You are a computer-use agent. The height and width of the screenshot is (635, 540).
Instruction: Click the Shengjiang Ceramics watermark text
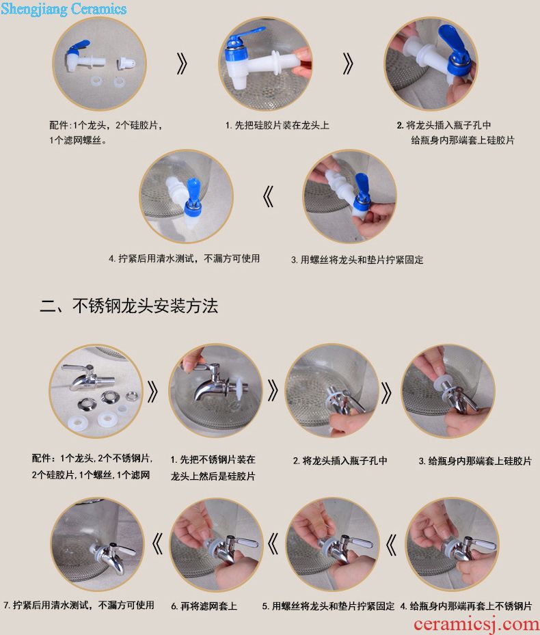[x=64, y=8]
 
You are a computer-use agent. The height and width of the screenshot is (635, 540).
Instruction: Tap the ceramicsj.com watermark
[x=476, y=625]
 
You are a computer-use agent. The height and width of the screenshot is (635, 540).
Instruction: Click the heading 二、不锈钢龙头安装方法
[x=129, y=306]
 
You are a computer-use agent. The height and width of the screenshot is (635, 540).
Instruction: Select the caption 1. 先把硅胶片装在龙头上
[x=277, y=125]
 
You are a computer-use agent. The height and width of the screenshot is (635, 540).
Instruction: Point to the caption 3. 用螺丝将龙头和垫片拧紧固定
[x=357, y=260]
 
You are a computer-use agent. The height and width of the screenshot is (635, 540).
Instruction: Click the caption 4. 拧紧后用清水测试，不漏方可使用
[x=185, y=258]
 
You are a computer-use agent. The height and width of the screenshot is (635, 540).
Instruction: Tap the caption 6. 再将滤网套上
[x=204, y=606]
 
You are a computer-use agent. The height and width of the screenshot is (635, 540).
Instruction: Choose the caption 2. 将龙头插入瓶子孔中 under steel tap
[x=340, y=461]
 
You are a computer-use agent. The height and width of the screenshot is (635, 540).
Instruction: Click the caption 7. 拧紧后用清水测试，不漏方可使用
[x=79, y=605]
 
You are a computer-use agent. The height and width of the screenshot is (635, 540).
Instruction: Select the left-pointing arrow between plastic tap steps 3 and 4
[x=268, y=196]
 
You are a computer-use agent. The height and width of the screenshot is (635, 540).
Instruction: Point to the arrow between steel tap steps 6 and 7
[x=158, y=543]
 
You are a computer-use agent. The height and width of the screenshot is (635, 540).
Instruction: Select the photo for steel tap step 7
[x=97, y=543]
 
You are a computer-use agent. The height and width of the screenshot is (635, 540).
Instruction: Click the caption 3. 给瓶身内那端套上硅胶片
[x=475, y=461]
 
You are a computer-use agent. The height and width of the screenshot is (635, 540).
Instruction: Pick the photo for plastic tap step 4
[x=187, y=196]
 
